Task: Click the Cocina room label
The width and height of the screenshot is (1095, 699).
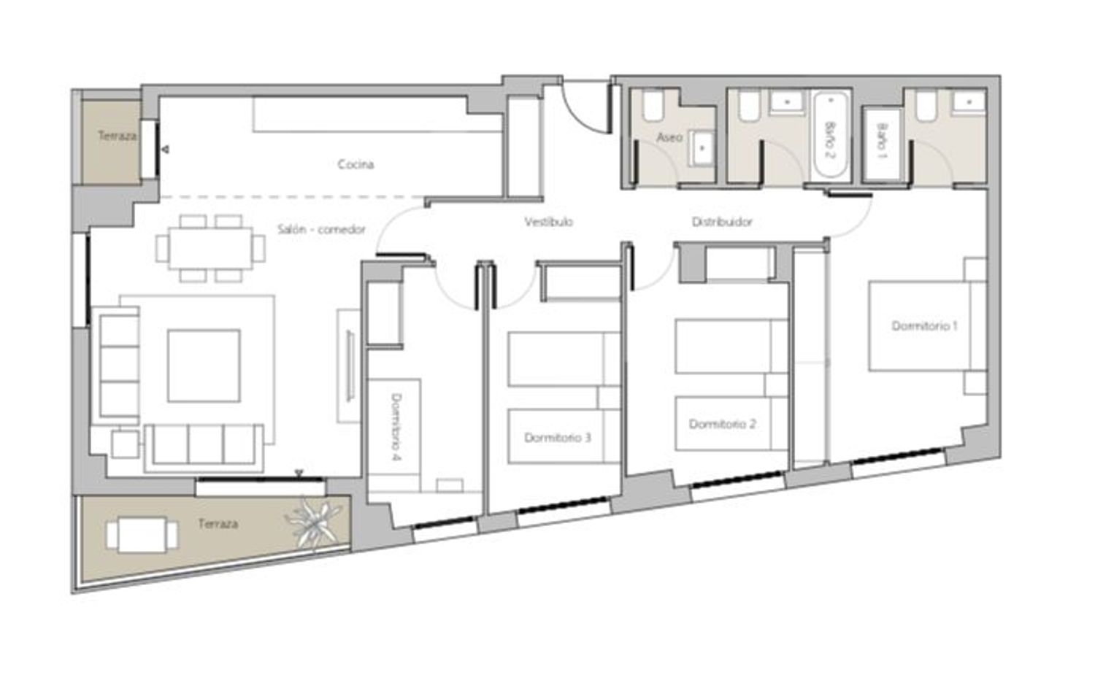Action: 356,165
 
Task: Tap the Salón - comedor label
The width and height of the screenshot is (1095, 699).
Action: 322,229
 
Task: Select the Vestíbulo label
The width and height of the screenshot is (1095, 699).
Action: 548,223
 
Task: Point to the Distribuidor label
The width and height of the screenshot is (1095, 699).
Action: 722,223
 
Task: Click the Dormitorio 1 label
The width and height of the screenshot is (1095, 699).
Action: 924,326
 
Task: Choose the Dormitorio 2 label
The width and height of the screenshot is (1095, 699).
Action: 723,424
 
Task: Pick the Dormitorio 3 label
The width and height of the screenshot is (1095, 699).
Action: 558,438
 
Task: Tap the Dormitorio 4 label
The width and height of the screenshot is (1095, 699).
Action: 396,428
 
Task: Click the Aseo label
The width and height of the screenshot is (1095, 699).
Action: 669,137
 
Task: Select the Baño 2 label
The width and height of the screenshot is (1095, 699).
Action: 830,140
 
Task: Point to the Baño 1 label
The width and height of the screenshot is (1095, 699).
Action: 883,140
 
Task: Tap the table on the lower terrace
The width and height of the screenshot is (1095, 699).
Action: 142,535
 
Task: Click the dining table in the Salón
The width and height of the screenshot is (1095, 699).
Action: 211,249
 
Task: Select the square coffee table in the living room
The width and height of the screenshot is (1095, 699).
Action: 204,366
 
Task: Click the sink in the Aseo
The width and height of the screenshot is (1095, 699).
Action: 702,148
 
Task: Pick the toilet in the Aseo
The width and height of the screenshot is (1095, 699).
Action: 653,106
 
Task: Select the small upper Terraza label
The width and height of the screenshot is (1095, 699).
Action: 118,136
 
